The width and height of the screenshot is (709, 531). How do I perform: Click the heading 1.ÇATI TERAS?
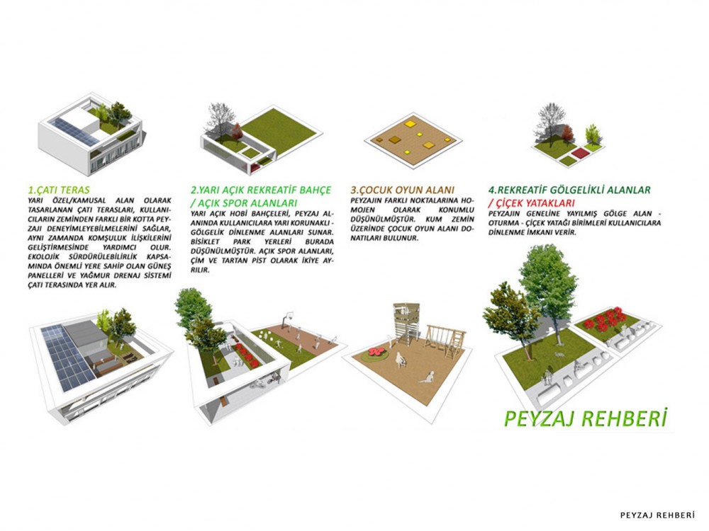coord(59,190)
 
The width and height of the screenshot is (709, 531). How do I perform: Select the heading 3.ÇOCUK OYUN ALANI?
coord(403,190)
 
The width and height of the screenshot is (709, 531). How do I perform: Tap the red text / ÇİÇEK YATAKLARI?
coord(531,203)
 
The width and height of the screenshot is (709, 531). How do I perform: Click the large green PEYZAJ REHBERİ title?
coord(586,418)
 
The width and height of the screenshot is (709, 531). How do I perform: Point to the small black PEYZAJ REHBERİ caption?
coord(657,515)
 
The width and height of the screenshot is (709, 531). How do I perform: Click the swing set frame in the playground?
coord(445,342)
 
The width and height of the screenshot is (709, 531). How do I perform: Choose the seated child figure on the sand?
coord(427,377)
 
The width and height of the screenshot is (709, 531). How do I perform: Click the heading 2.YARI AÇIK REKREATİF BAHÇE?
coord(261,190)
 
